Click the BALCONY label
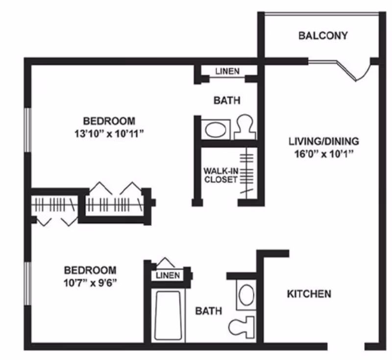click(x=323, y=35)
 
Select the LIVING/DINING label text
click(x=323, y=141)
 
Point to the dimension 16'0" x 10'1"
click(x=323, y=154)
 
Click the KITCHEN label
click(x=309, y=294)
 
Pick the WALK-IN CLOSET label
click(x=220, y=175)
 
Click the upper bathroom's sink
click(x=214, y=130)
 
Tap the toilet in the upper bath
click(x=244, y=128)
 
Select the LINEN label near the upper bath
click(x=227, y=72)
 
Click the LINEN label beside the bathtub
click(x=168, y=276)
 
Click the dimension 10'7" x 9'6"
click(x=91, y=283)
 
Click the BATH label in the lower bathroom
click(x=209, y=311)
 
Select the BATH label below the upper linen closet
click(x=227, y=101)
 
